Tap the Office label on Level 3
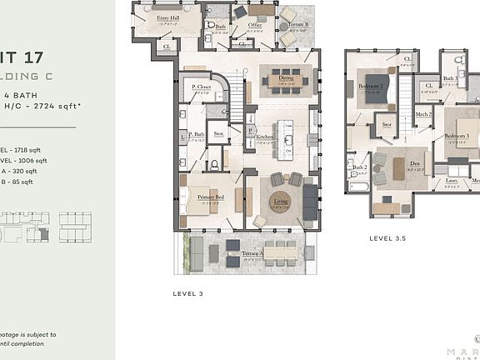(255, 26)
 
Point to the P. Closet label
(200, 87)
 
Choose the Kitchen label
(265, 137)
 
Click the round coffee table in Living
(281, 201)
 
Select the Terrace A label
(253, 252)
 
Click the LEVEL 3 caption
(187, 293)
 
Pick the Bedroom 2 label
(371, 87)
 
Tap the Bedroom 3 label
(456, 135)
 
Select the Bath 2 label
(360, 167)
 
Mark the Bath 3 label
(450, 78)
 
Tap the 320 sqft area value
(27, 171)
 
